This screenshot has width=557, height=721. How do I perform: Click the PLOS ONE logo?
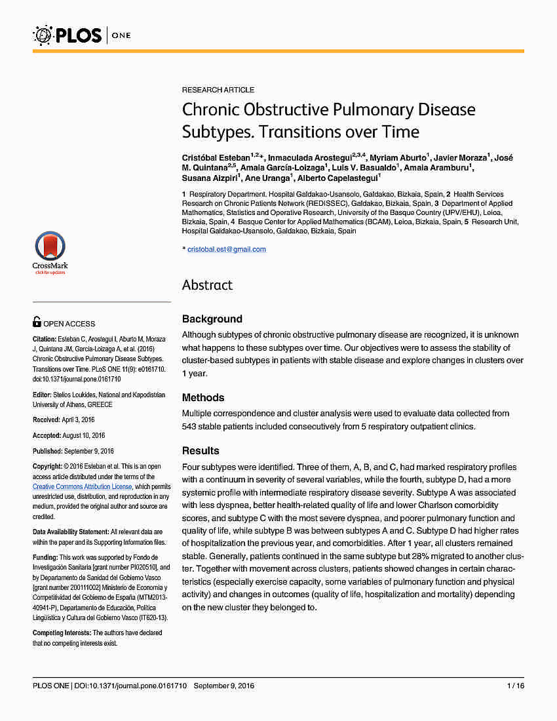click(x=82, y=34)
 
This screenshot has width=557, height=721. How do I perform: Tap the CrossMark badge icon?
click(x=50, y=252)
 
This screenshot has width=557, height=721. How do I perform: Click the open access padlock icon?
click(x=37, y=322)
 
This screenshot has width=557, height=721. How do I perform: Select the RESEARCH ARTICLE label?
click(x=218, y=90)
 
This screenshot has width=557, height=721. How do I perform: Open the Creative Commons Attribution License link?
click(x=83, y=486)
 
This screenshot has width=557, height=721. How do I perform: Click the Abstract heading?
click(x=207, y=285)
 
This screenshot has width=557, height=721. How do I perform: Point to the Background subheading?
click(x=212, y=319)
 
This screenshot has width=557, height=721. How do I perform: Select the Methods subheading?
click(x=203, y=398)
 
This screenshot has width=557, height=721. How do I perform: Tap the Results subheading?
click(x=201, y=451)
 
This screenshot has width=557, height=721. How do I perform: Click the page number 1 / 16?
click(x=516, y=686)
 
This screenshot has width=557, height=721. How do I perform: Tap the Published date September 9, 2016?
click(x=88, y=451)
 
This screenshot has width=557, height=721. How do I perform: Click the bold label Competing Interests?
click(x=62, y=633)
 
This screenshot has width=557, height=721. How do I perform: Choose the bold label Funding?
click(x=45, y=557)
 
